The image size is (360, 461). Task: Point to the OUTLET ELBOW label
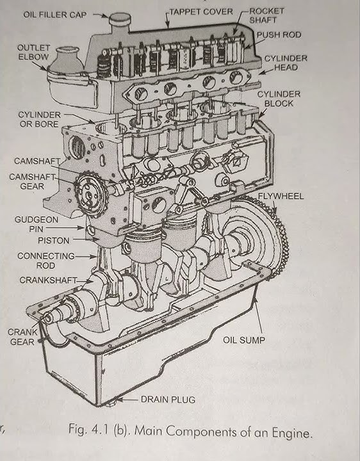(33, 53)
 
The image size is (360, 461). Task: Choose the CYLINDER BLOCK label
(275, 99)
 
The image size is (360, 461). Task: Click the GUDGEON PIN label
(35, 223)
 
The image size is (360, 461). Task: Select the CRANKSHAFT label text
(48, 280)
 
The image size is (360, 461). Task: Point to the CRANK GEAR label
(21, 337)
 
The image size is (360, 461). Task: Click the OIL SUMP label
(243, 340)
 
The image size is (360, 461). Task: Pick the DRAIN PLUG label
(168, 400)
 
